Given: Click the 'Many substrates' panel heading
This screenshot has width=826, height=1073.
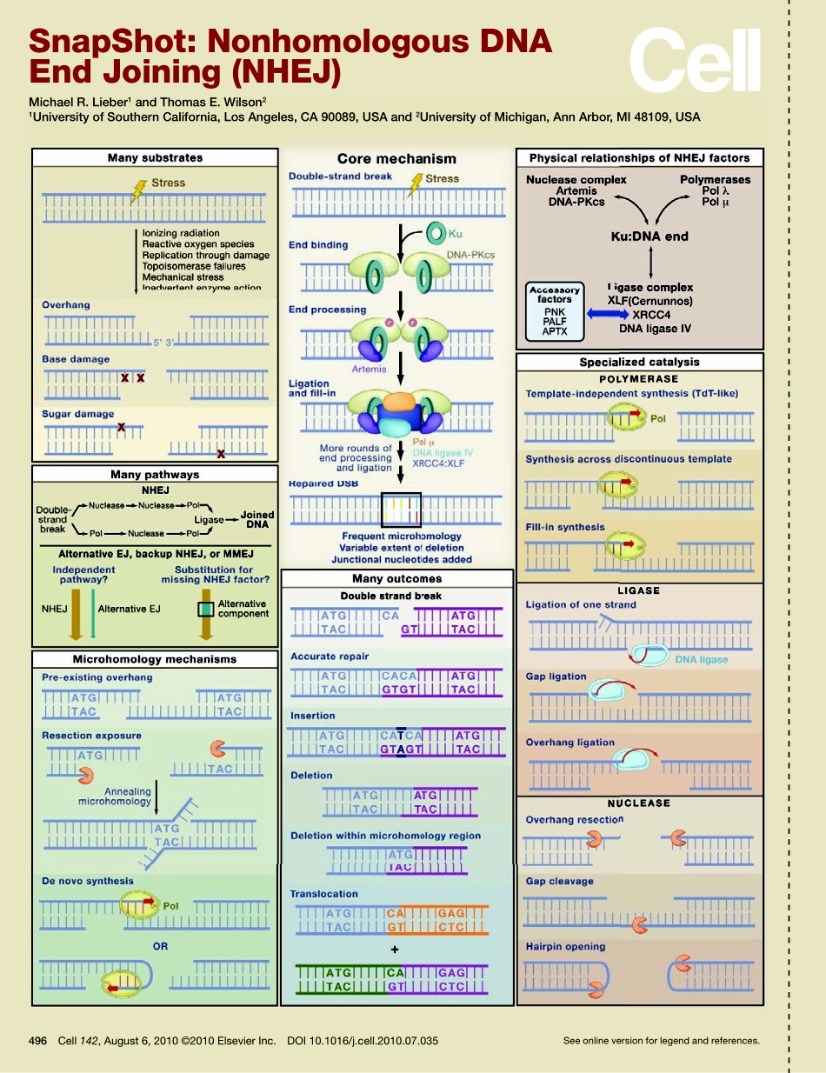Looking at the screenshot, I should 155,157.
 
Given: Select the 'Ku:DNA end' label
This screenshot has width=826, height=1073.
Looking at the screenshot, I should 649,236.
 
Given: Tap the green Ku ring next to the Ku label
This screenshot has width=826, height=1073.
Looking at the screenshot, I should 435,232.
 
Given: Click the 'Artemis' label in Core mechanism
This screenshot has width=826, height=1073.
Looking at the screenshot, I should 369,369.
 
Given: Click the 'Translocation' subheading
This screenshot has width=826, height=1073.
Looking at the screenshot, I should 323,894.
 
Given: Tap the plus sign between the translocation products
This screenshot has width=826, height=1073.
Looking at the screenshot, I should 394,950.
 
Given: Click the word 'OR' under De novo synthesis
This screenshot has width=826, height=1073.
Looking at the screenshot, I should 160,946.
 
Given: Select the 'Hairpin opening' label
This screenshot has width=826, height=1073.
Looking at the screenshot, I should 565,946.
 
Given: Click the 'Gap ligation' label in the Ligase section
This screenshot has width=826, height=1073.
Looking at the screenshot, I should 556,676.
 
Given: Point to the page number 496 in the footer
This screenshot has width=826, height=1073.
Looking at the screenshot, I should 37,1040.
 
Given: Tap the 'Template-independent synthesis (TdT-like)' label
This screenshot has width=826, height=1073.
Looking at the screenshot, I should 631,393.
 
